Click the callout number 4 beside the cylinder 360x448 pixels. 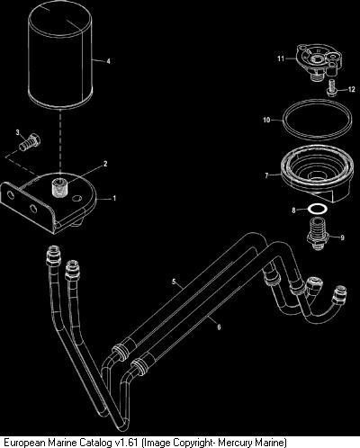108,61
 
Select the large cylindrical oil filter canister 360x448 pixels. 60,56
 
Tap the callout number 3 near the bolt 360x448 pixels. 18,132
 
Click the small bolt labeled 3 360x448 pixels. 29,142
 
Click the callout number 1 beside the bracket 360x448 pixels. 114,198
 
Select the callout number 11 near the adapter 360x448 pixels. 281,58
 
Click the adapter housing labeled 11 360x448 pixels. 319,62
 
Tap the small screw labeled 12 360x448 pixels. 332,88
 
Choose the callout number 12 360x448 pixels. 352,89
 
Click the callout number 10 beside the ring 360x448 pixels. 266,120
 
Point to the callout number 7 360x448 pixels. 266,175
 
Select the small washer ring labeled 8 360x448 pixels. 318,209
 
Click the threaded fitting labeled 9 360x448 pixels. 318,234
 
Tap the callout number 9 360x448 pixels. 342,237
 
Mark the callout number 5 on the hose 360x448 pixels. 174,282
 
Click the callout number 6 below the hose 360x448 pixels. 219,327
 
